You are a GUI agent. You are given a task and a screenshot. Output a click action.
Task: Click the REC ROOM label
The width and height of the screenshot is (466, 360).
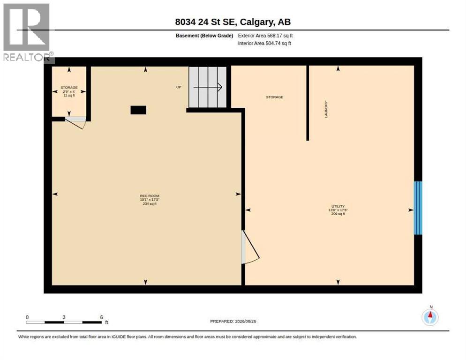(x=150, y=196)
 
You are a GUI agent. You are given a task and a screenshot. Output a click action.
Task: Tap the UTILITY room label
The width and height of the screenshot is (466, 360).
(x=338, y=206)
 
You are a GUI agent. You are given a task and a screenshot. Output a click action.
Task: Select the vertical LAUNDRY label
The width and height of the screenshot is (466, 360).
(x=326, y=109)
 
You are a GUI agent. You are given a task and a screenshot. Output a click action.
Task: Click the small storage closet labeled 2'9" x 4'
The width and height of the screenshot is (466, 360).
(x=69, y=91)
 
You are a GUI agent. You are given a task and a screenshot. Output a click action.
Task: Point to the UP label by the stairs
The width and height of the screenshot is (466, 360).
(x=179, y=87)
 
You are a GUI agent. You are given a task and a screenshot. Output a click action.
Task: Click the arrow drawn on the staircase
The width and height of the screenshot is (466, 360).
(x=208, y=87)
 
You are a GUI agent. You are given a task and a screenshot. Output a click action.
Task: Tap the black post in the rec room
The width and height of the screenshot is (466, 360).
(x=138, y=110)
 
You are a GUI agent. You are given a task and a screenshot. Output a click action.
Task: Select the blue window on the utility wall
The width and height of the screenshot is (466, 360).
(x=418, y=208)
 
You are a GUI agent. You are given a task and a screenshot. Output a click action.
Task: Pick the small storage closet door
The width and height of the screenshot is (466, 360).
(x=76, y=122)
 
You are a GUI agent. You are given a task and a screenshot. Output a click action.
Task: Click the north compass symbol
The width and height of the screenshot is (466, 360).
(x=430, y=317)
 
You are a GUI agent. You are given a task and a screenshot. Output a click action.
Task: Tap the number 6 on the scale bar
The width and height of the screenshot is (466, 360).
(x=101, y=317)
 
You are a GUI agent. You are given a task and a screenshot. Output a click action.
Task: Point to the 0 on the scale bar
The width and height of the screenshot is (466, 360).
(x=27, y=317)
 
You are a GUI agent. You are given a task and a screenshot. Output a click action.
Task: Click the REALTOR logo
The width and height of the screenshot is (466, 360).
(x=27, y=33)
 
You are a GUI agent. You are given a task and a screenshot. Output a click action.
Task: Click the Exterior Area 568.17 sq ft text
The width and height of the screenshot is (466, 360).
(x=265, y=36)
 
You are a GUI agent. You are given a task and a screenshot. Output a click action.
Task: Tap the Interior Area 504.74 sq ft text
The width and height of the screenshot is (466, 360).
(x=264, y=44)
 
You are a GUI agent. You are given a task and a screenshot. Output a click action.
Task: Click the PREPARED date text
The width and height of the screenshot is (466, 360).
(x=233, y=322)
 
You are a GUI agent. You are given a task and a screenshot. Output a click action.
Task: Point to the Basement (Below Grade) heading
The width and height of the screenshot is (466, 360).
(x=204, y=36)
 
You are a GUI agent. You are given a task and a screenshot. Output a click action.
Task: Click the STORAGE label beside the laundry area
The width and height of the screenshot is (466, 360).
(x=275, y=97)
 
